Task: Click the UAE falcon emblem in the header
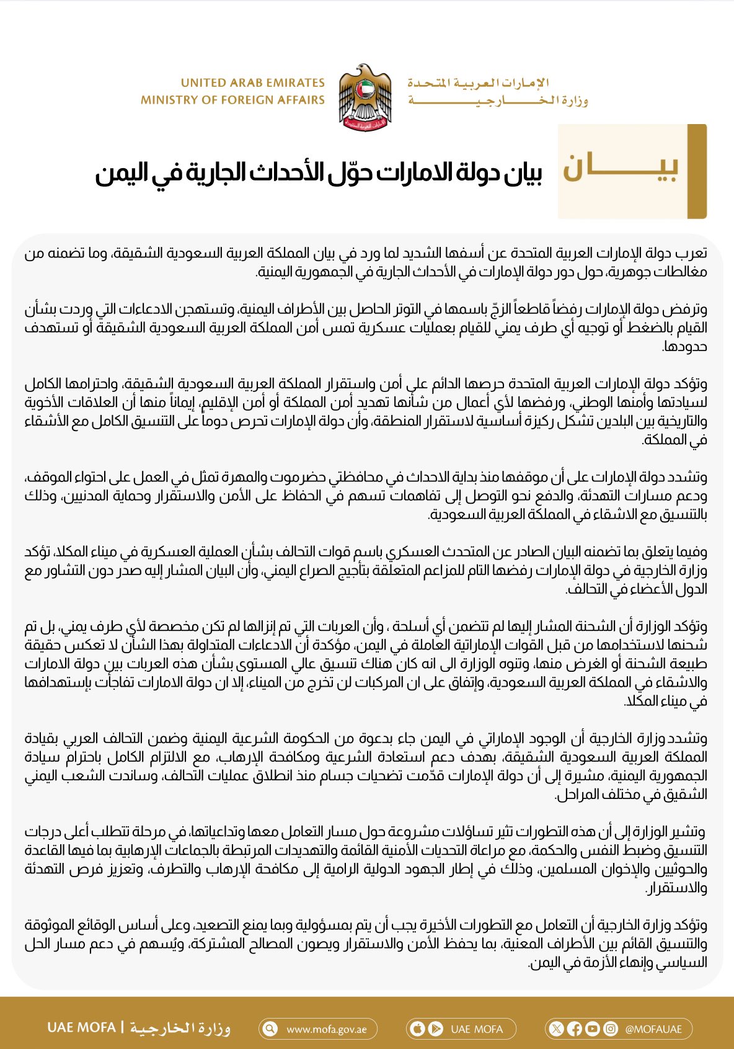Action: (x=365, y=97)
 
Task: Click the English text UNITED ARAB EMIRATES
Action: (x=252, y=83)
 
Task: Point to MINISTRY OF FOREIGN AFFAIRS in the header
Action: (x=232, y=100)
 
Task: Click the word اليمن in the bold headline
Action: (x=121, y=174)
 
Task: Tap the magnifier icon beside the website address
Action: (x=270, y=1029)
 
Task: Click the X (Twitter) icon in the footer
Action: (x=557, y=1029)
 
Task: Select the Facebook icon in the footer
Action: (x=575, y=1029)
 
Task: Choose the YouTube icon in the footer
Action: (x=593, y=1029)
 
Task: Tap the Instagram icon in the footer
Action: (x=611, y=1029)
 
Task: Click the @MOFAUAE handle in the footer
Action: (x=653, y=1029)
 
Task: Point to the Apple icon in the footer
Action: (x=418, y=1029)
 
